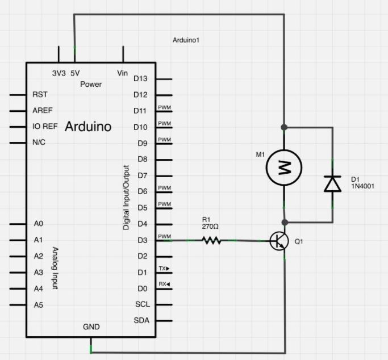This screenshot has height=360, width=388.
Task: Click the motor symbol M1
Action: [284, 167]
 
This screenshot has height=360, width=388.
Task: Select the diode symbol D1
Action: [332, 183]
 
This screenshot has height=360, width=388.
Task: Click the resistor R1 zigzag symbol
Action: [211, 241]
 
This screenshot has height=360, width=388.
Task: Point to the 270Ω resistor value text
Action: [211, 227]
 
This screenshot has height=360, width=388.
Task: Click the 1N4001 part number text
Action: [362, 186]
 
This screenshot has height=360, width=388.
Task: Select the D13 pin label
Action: [140, 78]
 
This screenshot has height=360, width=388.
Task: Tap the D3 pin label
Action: [142, 240]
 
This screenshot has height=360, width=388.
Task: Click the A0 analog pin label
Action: [39, 224]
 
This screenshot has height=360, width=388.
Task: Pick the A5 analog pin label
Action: [39, 305]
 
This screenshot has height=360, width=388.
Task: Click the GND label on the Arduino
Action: [91, 326]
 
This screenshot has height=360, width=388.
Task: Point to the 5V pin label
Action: [75, 73]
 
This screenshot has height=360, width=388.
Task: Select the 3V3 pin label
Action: [59, 73]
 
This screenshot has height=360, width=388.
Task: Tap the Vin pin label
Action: [122, 73]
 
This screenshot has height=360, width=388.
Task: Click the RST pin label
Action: [40, 94]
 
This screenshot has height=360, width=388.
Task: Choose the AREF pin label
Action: [43, 110]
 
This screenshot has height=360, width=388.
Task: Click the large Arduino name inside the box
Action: [88, 126]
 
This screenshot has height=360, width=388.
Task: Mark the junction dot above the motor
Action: [284, 127]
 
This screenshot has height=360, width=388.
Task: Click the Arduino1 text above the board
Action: [186, 40]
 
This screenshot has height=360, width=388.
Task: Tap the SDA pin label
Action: [141, 321]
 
